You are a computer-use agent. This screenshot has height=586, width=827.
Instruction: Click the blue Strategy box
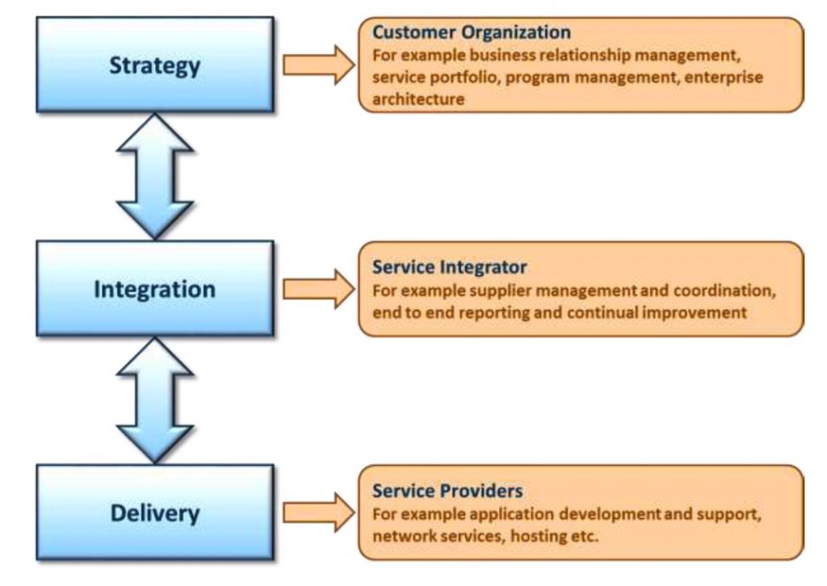[154, 65]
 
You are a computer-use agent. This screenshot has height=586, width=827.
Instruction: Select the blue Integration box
[154, 288]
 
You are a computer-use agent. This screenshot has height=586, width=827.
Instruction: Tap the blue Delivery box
[154, 513]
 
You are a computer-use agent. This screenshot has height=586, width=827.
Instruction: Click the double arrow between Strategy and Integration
[154, 176]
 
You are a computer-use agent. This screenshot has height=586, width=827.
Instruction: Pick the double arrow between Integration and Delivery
[154, 400]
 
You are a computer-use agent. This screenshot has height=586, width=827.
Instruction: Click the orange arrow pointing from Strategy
[318, 65]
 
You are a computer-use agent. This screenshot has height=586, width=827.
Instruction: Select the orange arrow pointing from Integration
[318, 288]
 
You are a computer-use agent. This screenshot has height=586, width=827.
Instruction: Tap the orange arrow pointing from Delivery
[318, 513]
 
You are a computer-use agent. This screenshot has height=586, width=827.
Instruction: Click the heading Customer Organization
[471, 33]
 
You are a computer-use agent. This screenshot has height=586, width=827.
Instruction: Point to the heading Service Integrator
[449, 266]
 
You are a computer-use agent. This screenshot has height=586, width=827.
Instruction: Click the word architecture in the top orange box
[418, 99]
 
